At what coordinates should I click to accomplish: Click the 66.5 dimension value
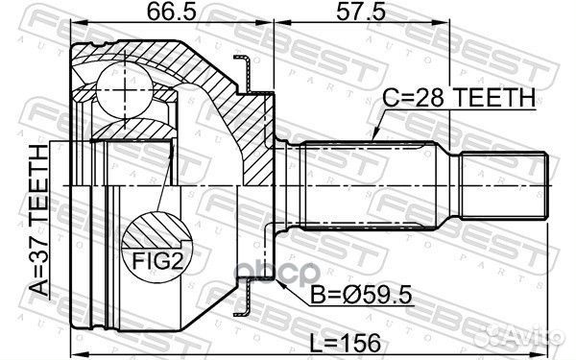[170, 13]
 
